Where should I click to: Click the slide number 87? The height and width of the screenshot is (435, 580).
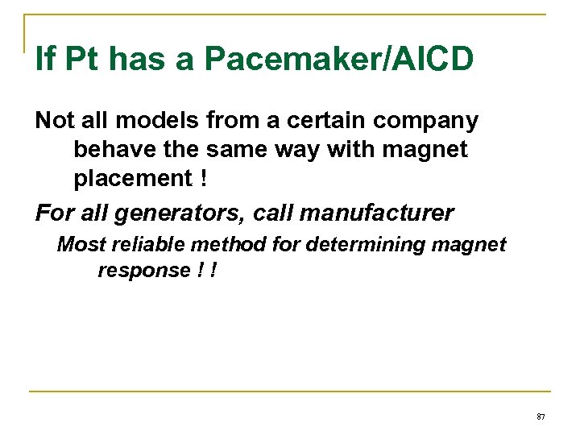pyautogui.click(x=541, y=416)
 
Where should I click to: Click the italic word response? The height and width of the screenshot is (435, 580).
pyautogui.click(x=142, y=271)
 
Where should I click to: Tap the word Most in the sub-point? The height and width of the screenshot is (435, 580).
pyautogui.click(x=76, y=244)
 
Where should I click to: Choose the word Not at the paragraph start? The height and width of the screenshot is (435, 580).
pyautogui.click(x=54, y=122)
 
